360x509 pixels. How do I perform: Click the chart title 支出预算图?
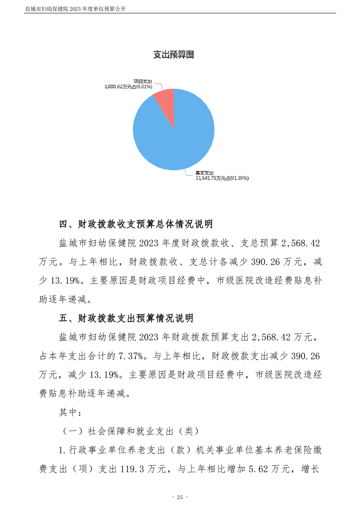click(x=174, y=55)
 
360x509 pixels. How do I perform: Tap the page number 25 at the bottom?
click(x=180, y=497)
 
